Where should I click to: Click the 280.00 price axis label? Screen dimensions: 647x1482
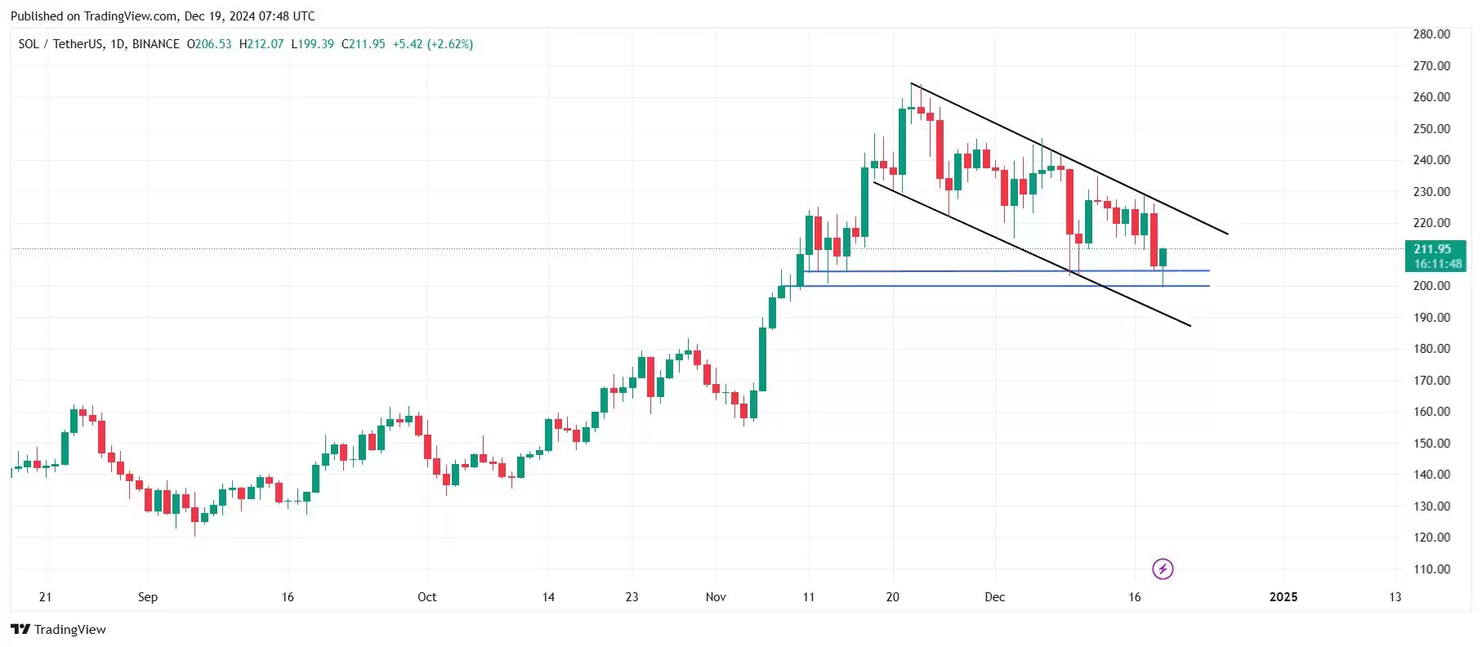coord(1431,34)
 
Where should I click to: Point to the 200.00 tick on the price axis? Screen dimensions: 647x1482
coord(1431,286)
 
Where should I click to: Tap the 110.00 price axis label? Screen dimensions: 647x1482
coord(1431,569)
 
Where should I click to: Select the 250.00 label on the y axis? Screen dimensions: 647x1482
coord(1431,129)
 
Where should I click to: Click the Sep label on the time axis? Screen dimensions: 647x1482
coord(148,597)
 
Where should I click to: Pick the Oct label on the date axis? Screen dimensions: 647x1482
coord(426,597)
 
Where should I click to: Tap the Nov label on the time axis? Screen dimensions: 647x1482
coord(716,597)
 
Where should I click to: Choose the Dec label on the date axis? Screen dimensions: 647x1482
coord(994,597)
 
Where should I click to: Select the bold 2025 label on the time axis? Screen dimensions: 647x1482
coord(1283,597)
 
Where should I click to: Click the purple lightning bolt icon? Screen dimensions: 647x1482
coord(1163,569)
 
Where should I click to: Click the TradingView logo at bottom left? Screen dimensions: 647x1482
coord(58,629)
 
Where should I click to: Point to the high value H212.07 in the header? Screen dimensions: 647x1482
coord(261,44)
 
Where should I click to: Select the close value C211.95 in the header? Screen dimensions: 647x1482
coord(363,44)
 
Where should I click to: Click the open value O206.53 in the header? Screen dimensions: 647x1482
coord(209,44)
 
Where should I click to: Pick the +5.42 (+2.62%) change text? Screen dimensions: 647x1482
coord(432,44)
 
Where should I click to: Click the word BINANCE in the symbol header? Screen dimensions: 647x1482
coord(155,44)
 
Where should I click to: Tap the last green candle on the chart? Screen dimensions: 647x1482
coord(1163,257)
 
